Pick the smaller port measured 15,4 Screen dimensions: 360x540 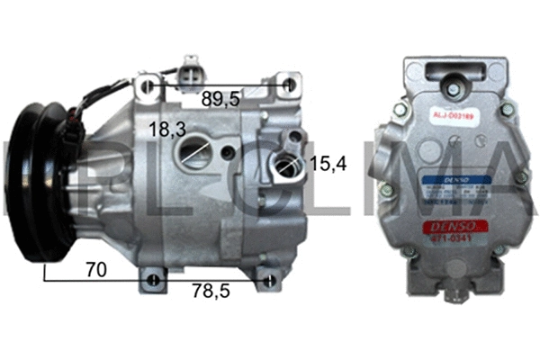click(x=287, y=166)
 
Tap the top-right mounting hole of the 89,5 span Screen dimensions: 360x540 click(x=287, y=86)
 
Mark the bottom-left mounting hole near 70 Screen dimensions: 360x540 click(x=154, y=280)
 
